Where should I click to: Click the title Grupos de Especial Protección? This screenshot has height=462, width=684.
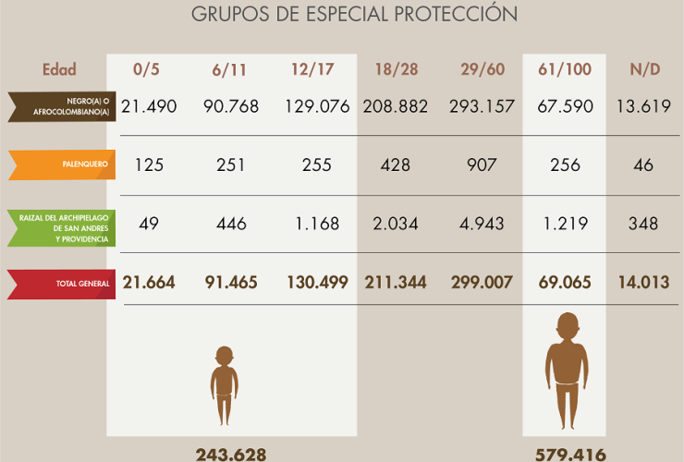click(354, 15)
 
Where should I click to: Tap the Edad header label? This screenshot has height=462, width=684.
click(59, 69)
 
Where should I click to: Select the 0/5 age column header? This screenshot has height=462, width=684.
click(147, 69)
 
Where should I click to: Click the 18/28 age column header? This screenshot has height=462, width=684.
click(397, 69)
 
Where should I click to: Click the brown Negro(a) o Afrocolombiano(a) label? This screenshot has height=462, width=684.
click(63, 106)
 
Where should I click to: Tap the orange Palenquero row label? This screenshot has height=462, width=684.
click(63, 164)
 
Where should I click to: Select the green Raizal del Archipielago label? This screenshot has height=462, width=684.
click(63, 227)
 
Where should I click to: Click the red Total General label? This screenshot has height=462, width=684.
click(63, 284)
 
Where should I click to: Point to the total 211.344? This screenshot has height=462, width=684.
click(397, 283)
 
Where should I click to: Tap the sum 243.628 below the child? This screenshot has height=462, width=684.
click(231, 454)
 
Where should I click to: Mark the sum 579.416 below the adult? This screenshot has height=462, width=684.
click(570, 454)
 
